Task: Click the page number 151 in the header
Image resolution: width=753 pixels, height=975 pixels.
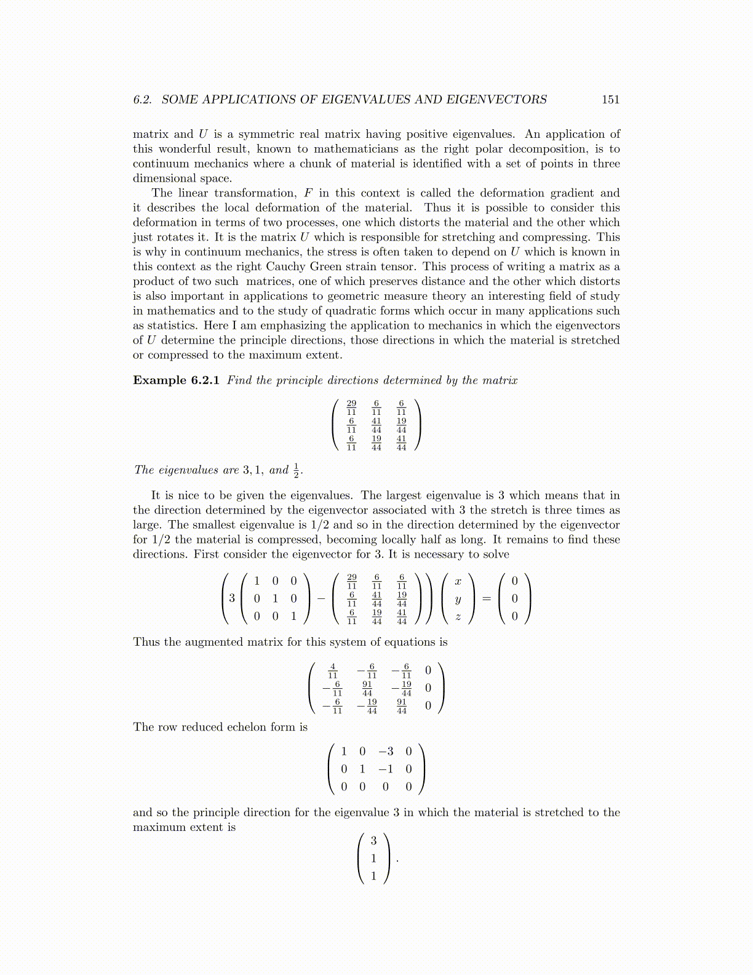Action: [610, 100]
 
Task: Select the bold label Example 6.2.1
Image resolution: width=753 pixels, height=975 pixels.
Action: [176, 380]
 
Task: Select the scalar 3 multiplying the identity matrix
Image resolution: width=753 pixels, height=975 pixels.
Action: [232, 598]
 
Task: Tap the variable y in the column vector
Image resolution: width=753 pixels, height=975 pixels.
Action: [458, 599]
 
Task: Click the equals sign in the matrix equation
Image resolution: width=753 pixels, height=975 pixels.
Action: [487, 598]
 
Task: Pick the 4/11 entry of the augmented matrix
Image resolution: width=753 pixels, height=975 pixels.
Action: [333, 670]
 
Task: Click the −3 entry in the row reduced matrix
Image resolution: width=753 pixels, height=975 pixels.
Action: [386, 752]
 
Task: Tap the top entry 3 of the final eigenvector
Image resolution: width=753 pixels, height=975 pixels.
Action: [373, 841]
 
